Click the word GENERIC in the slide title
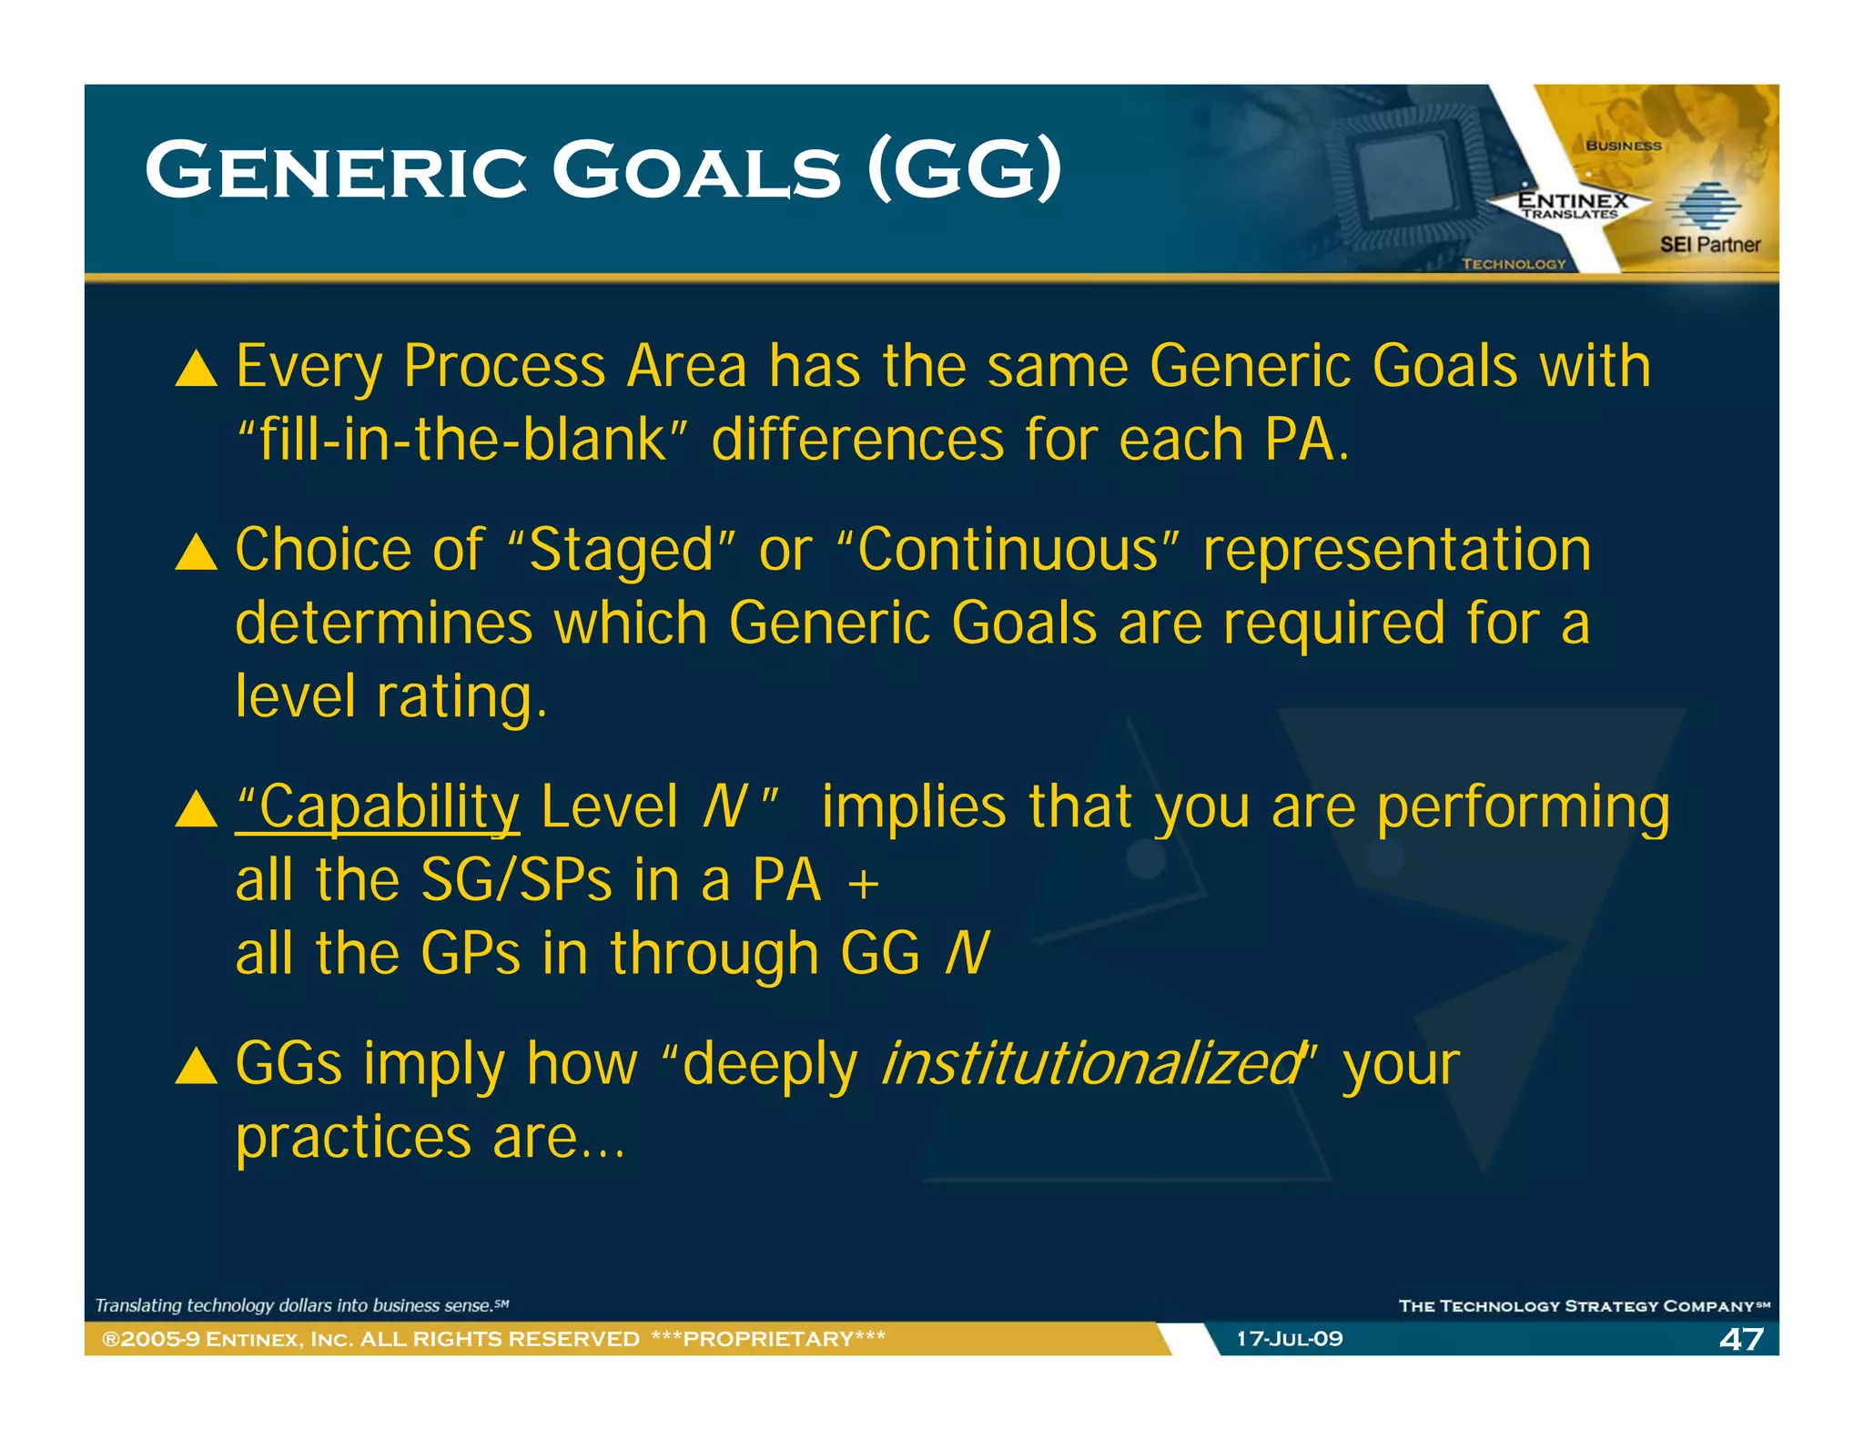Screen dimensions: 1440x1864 pos(335,170)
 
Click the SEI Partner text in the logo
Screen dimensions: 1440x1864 pos(1709,244)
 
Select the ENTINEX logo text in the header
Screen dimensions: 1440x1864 pos(1573,200)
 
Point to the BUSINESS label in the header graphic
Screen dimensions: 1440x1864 pos(1623,146)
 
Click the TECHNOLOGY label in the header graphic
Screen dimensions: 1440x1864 pos(1514,264)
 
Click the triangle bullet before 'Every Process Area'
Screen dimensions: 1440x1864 pos(196,370)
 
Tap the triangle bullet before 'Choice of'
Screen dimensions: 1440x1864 pos(196,553)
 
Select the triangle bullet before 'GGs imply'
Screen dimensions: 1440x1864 pos(196,1066)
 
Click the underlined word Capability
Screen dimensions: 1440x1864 pos(378,807)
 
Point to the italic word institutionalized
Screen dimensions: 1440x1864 pos(1092,1063)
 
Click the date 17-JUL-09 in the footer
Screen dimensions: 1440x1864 pos(1289,1339)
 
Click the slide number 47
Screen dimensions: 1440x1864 pos(1741,1339)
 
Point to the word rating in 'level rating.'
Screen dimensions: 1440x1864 pos(461,697)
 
